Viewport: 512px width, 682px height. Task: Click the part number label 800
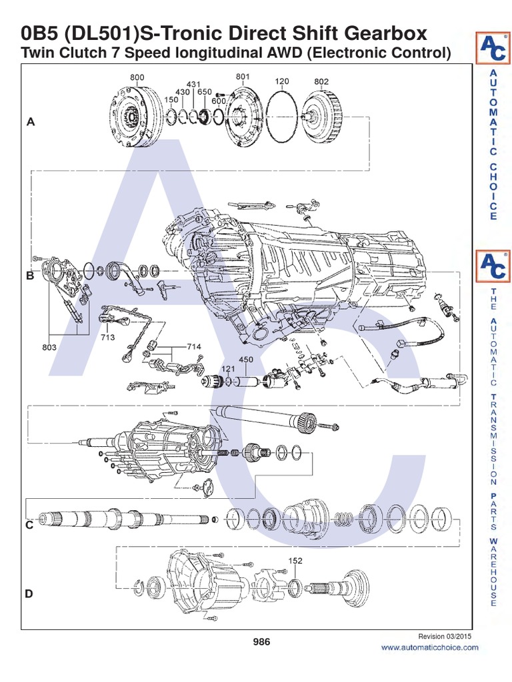(137, 77)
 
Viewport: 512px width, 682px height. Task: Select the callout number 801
(243, 77)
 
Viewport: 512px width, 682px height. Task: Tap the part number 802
(321, 81)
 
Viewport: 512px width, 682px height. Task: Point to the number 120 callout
(282, 81)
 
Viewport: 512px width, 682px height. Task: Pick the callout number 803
(49, 347)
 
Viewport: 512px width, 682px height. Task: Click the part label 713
(108, 337)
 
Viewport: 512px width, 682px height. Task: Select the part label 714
(193, 347)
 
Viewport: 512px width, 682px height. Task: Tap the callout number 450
(247, 360)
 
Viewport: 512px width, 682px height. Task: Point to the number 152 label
(295, 561)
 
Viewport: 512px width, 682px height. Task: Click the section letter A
(29, 122)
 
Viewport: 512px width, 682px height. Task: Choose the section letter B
(29, 276)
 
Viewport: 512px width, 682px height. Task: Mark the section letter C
(29, 525)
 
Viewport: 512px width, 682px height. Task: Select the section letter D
(29, 593)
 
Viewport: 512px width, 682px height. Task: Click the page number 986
(261, 641)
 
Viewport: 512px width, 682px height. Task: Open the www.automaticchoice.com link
(429, 647)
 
